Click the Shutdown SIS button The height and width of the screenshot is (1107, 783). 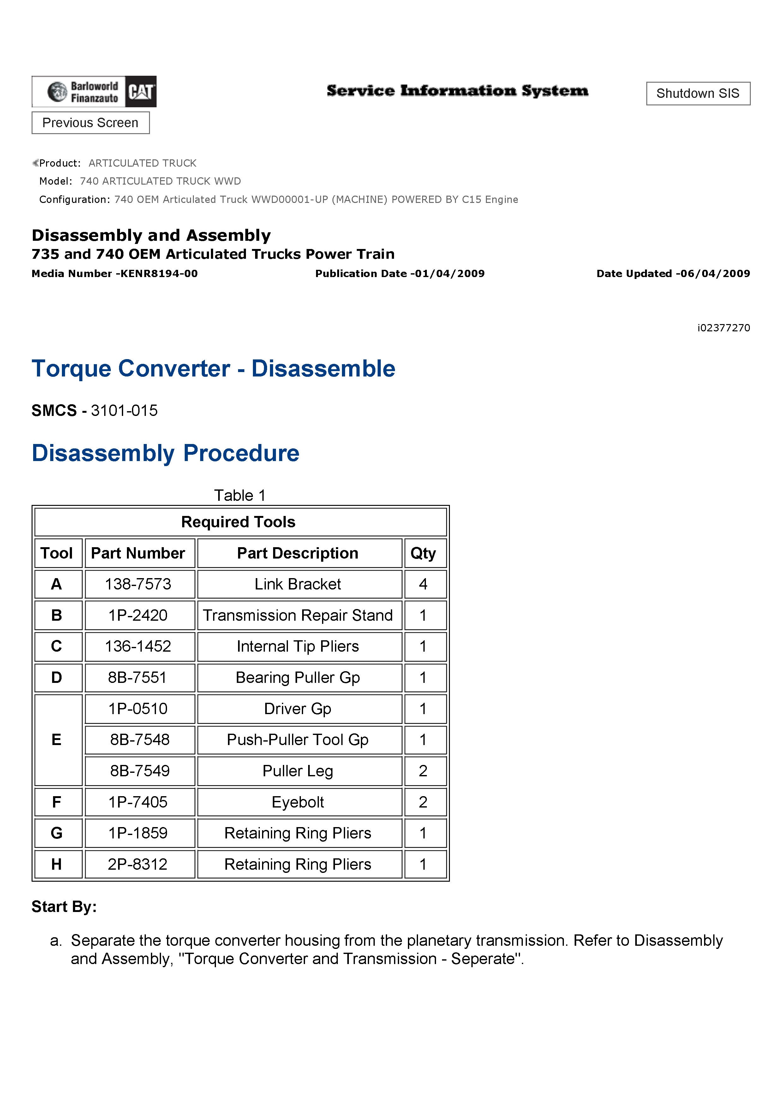(698, 93)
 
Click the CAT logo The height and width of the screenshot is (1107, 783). (141, 92)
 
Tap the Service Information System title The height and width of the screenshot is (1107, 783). (457, 91)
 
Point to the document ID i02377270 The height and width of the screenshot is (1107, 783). (723, 328)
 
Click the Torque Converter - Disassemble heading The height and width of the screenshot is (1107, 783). (213, 369)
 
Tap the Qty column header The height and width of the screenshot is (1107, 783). (423, 553)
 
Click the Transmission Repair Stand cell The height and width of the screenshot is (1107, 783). (298, 615)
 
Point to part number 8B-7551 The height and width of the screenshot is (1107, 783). (138, 678)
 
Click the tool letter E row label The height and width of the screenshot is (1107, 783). (57, 740)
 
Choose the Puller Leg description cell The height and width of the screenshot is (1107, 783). (298, 771)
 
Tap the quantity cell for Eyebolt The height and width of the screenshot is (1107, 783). (423, 802)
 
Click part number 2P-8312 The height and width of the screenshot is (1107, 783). (138, 864)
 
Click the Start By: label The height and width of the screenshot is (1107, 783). (64, 907)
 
